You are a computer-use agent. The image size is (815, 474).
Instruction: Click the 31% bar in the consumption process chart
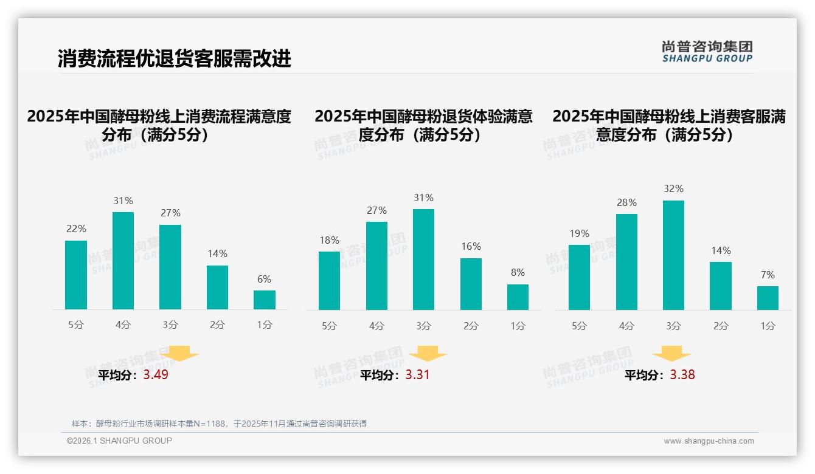point(123,261)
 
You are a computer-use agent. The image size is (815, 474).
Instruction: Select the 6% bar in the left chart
point(265,300)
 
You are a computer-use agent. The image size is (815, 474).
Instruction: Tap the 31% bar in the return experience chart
point(423,259)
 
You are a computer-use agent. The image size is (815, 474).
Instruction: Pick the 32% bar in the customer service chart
point(673,255)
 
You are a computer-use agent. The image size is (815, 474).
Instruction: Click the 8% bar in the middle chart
point(518,297)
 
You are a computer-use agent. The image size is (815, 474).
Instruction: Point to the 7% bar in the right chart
point(768,298)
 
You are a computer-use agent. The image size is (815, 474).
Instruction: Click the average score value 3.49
point(156,375)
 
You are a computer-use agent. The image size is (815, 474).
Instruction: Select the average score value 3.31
point(417,375)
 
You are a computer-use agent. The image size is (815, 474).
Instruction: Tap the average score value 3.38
point(682,375)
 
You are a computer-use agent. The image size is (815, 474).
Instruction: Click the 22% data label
point(76,229)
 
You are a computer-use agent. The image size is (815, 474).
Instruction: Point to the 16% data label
point(471,247)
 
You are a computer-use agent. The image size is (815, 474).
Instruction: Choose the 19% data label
point(579,234)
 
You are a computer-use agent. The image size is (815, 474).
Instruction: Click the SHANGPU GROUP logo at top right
point(707,52)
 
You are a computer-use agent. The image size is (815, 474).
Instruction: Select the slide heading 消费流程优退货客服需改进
point(175,58)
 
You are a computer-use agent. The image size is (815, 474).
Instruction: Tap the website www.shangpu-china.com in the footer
point(709,441)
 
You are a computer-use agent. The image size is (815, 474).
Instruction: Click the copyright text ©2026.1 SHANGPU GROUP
point(119,441)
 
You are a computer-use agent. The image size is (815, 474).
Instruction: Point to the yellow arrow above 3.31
point(428,354)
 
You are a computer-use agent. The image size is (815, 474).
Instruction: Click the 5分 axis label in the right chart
point(579,326)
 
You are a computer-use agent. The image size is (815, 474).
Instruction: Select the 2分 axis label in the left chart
point(217,325)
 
